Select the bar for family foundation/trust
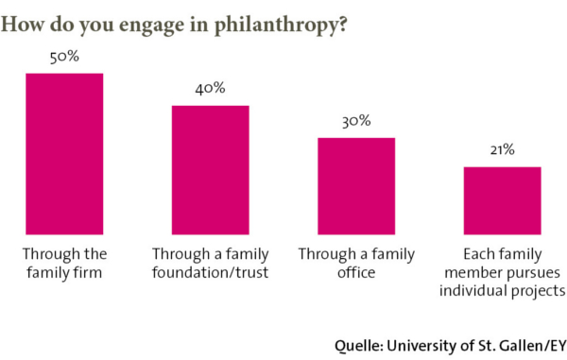[x=210, y=169]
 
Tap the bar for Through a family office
[x=356, y=185]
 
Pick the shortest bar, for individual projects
[x=502, y=199]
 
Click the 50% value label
[x=64, y=57]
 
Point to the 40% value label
[x=210, y=89]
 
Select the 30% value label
[x=356, y=121]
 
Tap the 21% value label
[x=502, y=149]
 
